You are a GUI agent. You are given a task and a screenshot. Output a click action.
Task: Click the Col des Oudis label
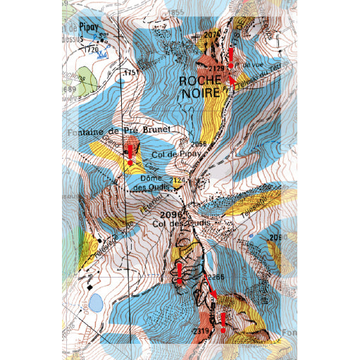(x=181, y=224)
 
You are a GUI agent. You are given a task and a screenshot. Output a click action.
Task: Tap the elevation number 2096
(x=171, y=213)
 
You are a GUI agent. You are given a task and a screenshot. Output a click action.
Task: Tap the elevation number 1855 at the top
(x=175, y=13)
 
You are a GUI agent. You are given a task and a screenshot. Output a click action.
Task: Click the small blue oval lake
(x=94, y=304)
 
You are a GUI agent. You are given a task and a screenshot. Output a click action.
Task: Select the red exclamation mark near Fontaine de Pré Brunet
(x=130, y=154)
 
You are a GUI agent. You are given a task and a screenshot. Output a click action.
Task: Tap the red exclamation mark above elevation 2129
(x=230, y=56)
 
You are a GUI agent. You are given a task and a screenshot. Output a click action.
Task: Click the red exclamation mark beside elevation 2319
(x=223, y=322)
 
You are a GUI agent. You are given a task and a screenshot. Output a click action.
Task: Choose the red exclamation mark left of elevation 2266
(x=179, y=273)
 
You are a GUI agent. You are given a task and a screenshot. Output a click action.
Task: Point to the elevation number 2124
(x=178, y=182)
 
